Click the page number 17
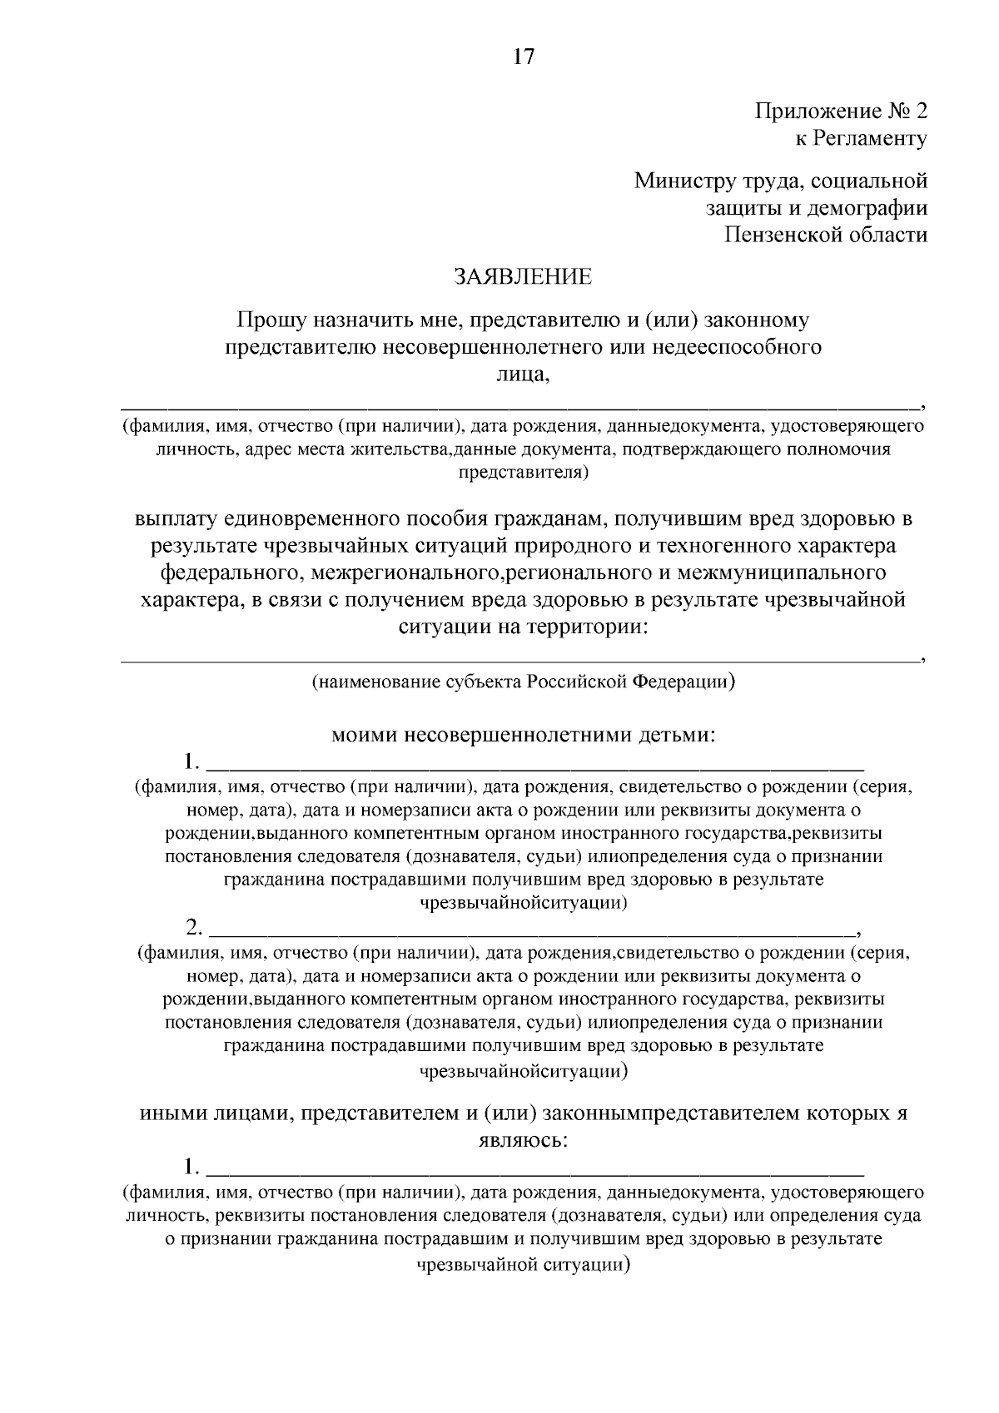tap(523, 57)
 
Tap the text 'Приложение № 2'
tap(840, 111)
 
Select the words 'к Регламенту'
tap(860, 138)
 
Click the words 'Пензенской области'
tap(824, 235)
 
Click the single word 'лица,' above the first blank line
tap(523, 374)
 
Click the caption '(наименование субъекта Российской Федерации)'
tap(523, 682)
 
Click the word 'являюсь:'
tap(523, 1140)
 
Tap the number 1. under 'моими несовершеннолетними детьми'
tap(192, 761)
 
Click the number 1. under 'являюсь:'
tap(192, 1165)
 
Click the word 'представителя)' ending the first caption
tap(523, 473)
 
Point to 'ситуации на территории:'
tap(523, 627)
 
